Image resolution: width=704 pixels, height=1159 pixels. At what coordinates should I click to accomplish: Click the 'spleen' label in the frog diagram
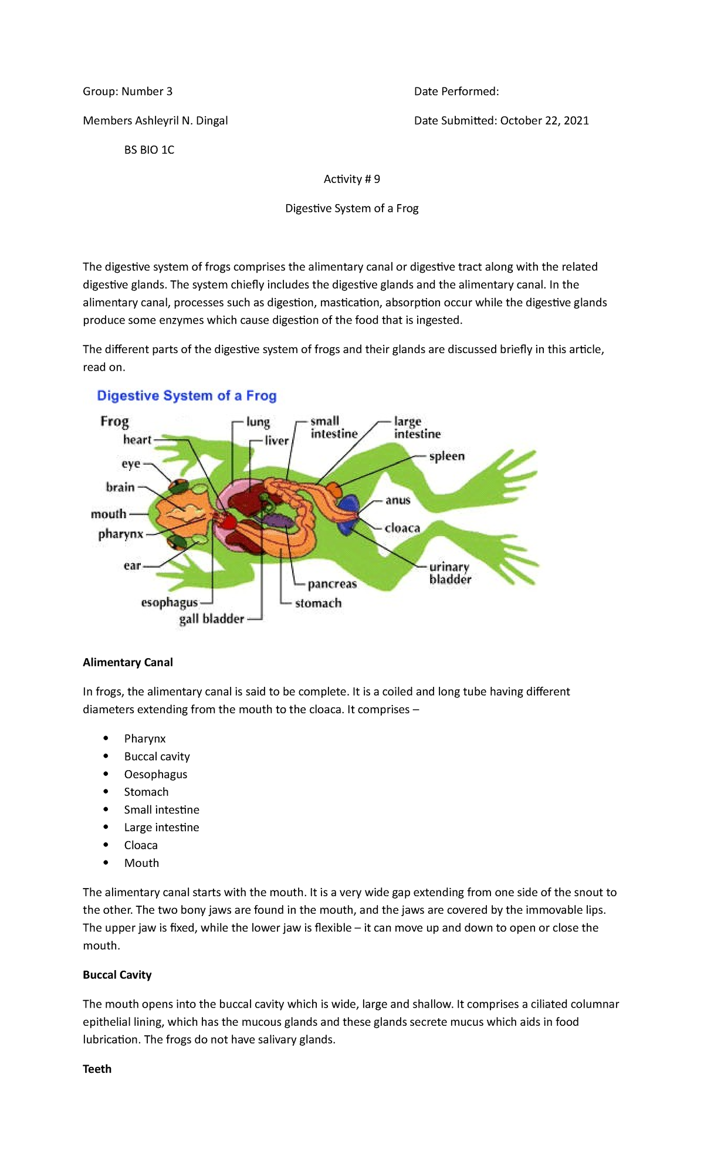(x=446, y=456)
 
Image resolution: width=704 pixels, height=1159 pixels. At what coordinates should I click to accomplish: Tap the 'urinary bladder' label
(x=450, y=573)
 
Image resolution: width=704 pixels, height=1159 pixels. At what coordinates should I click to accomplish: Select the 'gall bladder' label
(x=211, y=619)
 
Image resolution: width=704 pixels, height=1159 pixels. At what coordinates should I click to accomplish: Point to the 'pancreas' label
(x=332, y=584)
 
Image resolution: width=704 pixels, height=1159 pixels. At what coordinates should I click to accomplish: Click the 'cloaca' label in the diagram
(x=402, y=528)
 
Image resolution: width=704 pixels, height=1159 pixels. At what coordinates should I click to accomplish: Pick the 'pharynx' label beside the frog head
(x=121, y=534)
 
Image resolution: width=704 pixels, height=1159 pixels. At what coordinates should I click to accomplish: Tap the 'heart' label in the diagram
(x=137, y=440)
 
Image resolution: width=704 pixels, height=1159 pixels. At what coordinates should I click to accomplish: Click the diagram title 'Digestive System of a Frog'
(x=187, y=396)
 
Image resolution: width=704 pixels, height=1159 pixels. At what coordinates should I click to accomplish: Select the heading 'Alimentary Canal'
(x=128, y=662)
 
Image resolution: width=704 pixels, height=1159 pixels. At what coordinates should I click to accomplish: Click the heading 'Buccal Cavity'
(x=117, y=975)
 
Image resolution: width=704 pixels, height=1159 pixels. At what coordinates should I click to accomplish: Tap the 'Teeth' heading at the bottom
(x=97, y=1069)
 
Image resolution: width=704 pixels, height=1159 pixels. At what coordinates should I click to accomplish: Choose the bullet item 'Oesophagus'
(x=155, y=774)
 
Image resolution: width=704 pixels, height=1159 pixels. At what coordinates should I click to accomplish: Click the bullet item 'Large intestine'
(x=161, y=827)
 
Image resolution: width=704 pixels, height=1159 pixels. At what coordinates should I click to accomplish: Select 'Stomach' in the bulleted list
(x=146, y=792)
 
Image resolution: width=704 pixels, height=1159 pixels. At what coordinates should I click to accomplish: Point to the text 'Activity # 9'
(x=351, y=179)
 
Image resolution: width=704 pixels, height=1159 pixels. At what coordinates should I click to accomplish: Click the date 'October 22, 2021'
(x=544, y=120)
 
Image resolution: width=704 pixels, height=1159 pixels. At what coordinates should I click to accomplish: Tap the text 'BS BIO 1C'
(x=149, y=150)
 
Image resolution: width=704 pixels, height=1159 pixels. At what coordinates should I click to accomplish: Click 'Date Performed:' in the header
(x=456, y=91)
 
